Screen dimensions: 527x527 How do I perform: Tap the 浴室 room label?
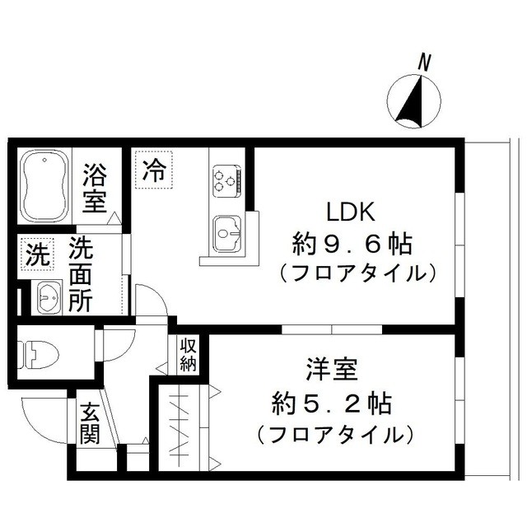(96, 188)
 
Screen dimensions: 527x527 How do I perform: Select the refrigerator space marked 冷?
(154, 170)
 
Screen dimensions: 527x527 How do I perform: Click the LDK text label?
(351, 212)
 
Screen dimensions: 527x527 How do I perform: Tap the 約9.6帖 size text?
(352, 245)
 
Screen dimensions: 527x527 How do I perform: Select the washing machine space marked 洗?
(37, 254)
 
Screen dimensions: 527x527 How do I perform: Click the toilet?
(38, 355)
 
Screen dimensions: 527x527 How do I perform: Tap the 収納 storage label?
(189, 355)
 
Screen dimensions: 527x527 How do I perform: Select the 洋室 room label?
(331, 370)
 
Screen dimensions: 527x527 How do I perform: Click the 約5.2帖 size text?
(332, 403)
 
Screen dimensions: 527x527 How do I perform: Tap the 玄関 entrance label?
(90, 423)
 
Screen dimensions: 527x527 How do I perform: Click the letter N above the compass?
(425, 63)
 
